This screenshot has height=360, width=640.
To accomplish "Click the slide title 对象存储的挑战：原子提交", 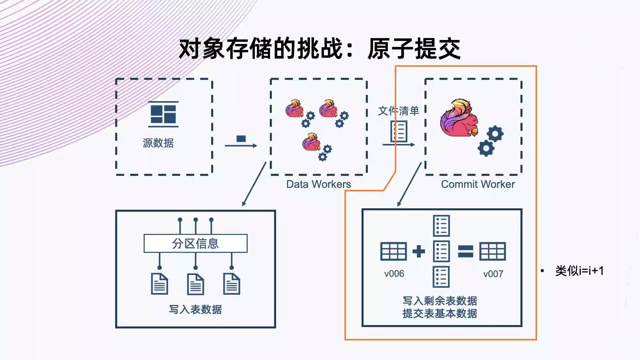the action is coord(320,49).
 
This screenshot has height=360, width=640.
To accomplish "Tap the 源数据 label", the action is coord(158,143).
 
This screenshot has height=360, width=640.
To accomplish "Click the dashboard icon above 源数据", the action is coord(163,114).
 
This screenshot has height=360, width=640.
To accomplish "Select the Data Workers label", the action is coord(318,184).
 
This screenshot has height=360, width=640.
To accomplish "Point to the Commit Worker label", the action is coord(478,184).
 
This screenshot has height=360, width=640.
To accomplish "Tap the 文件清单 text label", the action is coord(398,111).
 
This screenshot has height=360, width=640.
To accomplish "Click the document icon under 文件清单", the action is coord(399,131).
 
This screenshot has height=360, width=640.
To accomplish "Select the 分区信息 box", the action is coord(196,244).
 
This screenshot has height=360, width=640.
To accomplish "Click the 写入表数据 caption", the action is coord(196,309).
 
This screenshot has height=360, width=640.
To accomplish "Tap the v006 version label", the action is coord(394,274).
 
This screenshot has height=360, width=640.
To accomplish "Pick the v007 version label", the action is coord(493,274).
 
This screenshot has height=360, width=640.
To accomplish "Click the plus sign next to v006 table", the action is coord(419,251).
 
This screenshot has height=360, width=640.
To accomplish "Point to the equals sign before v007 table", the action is coord(466,251).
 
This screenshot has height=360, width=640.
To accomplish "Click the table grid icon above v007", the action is coord(492,251).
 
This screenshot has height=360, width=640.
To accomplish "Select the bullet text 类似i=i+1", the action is coord(580,271).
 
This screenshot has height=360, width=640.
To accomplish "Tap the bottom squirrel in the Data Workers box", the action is coord(311,142).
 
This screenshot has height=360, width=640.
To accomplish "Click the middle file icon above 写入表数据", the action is coord(196,284).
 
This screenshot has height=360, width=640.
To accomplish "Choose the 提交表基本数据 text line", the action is coord(440,313).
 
